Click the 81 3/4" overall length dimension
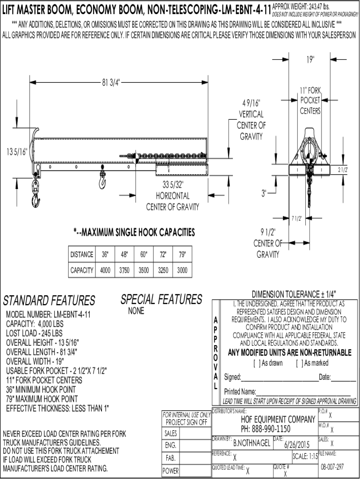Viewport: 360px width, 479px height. [111, 82]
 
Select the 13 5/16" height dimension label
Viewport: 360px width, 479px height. [17, 152]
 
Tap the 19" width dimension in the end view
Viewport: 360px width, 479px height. [310, 59]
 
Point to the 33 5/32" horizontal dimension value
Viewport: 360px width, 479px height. [173, 184]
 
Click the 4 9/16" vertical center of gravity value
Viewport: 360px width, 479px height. [251, 102]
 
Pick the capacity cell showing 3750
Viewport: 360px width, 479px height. [124, 270]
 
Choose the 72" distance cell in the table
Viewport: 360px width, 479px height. [163, 254]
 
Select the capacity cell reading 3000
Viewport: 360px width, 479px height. [182, 270]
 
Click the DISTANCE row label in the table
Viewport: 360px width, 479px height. [82, 254]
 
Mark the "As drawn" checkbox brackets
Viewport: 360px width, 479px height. [257, 363]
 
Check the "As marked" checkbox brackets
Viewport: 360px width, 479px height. [299, 363]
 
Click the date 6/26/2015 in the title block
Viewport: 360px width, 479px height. [297, 444]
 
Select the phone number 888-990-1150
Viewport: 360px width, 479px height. [270, 429]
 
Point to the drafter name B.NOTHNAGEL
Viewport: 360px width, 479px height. [252, 443]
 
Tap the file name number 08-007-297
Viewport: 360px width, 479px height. [332, 467]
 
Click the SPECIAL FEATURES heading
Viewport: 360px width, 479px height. [161, 299]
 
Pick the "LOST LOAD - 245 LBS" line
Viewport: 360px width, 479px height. [34, 333]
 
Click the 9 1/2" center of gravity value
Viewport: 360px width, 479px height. [268, 232]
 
